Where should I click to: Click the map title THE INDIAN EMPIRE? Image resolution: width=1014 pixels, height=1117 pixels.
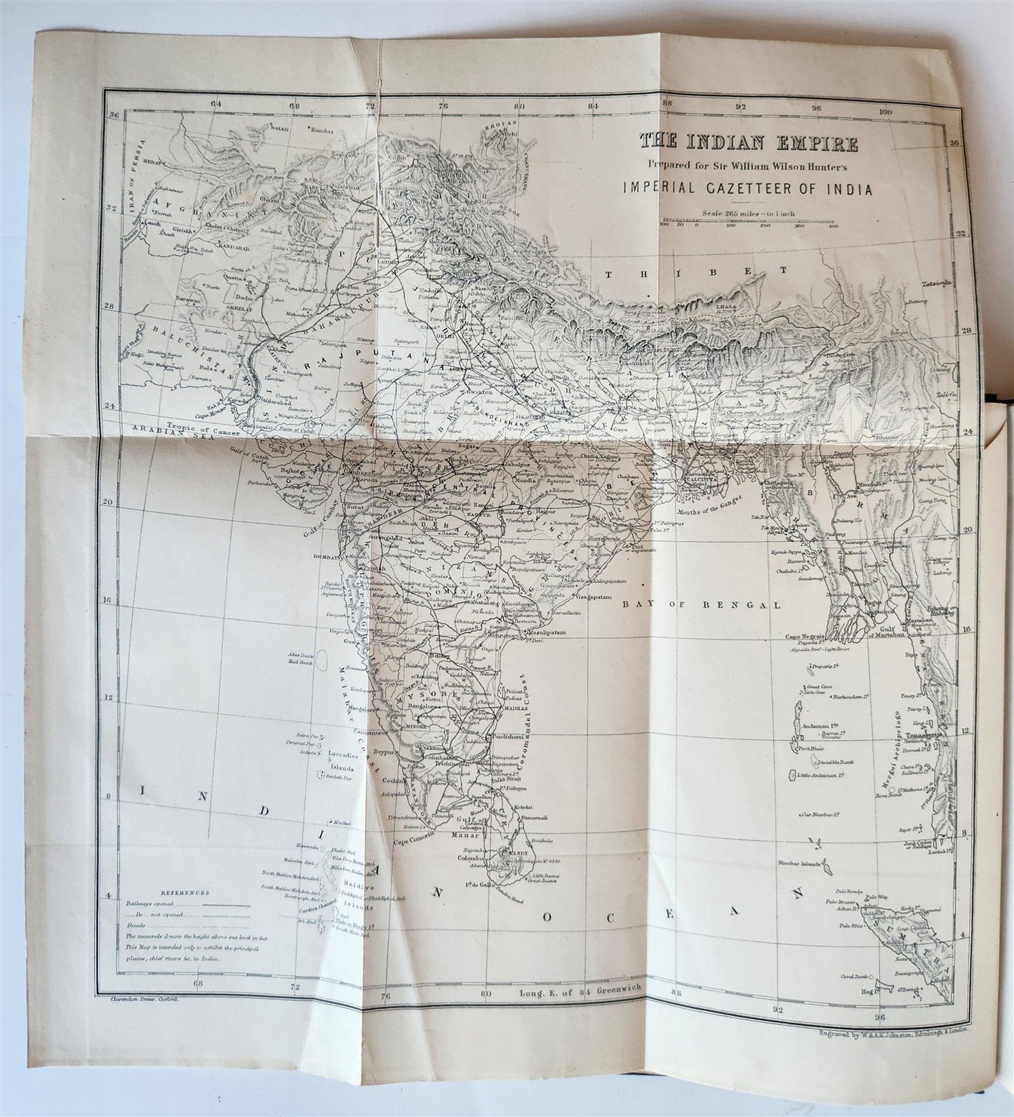pyautogui.click(x=748, y=144)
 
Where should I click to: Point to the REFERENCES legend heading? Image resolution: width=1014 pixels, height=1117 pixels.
pyautogui.click(x=180, y=892)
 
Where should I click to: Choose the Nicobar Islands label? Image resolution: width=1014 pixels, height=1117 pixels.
pyautogui.click(x=798, y=862)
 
